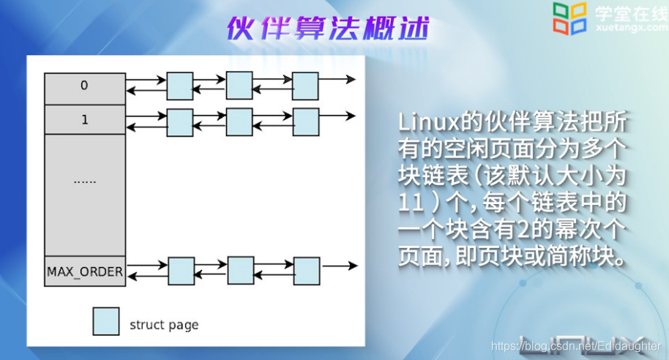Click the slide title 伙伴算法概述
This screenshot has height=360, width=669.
click(326, 29)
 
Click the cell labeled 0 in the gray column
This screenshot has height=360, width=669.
click(84, 86)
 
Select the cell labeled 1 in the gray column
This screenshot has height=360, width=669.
click(84, 120)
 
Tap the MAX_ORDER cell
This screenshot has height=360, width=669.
click(85, 271)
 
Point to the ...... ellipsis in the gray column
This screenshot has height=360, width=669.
click(85, 179)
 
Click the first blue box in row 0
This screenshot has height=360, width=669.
click(180, 86)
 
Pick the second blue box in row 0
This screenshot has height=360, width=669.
click(239, 85)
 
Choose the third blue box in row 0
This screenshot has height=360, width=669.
click(305, 86)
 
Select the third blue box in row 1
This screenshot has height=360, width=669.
click(305, 121)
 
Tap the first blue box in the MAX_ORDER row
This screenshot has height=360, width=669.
click(181, 271)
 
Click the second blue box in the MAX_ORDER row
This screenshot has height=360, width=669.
click(241, 270)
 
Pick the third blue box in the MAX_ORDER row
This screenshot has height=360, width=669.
click(307, 270)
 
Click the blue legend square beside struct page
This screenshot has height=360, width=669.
click(106, 321)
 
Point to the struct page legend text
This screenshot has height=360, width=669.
click(164, 324)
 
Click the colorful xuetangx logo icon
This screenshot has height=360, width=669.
click(570, 18)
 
